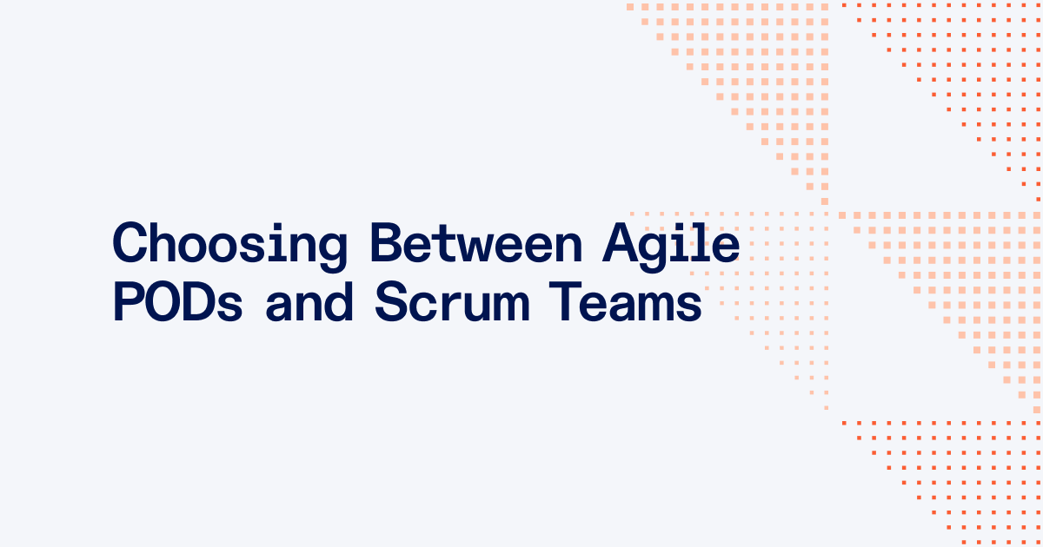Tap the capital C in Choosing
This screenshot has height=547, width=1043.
130,243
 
